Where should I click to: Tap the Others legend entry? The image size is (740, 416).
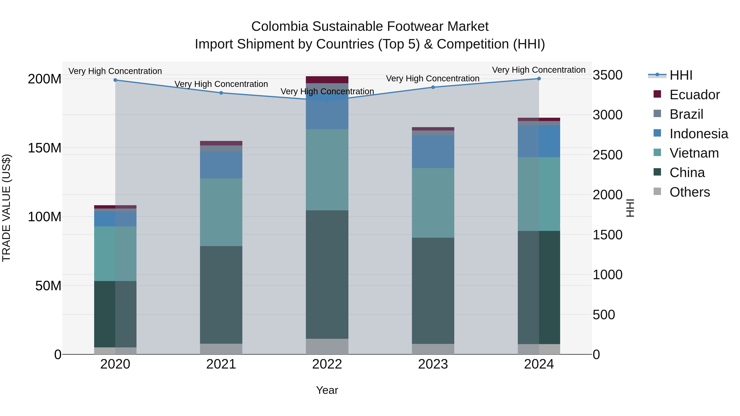coord(689,192)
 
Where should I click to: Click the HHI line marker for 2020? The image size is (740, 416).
coord(115,80)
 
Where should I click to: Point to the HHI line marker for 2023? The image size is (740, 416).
coord(433,87)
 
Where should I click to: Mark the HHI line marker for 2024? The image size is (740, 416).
coord(539,79)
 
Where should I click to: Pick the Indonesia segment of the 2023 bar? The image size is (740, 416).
coord(433,152)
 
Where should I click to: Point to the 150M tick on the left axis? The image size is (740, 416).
coord(45,148)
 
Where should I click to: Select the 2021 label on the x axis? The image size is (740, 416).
coord(221,364)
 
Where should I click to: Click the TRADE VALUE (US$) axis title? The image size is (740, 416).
coord(6,208)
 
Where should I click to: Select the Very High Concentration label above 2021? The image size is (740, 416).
coord(221,84)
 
